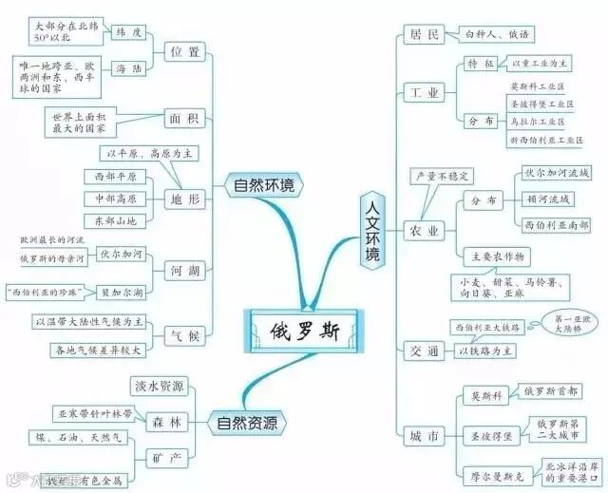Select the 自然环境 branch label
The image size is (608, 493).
(x=262, y=185)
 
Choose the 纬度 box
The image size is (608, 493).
(x=129, y=31)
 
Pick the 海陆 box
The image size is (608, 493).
(x=129, y=69)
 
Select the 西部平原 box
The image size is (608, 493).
(x=115, y=177)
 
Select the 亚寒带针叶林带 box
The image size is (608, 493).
(x=99, y=414)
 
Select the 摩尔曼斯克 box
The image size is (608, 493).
(x=485, y=474)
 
